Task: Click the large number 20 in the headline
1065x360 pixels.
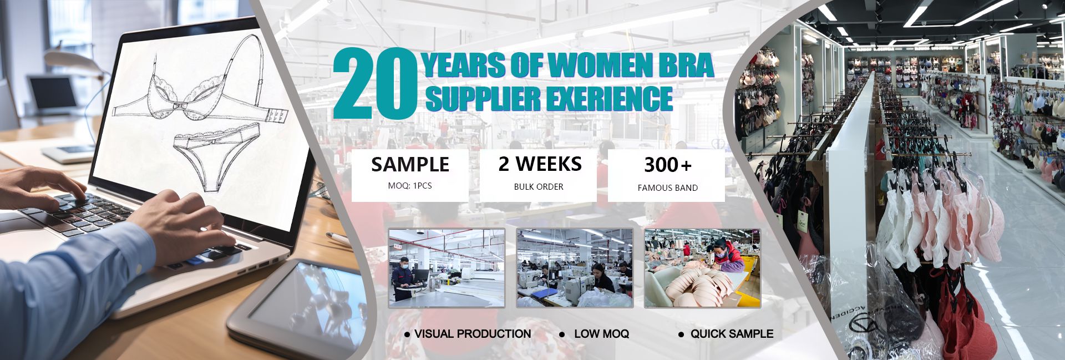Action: click(x=375, y=83)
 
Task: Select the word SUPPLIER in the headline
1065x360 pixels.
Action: click(x=483, y=99)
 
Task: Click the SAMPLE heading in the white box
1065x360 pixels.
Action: click(x=410, y=165)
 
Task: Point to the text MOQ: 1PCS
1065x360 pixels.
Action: click(x=410, y=186)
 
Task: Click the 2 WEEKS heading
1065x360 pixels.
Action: click(x=540, y=164)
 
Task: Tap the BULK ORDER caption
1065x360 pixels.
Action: click(x=539, y=187)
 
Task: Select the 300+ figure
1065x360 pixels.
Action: click(x=668, y=165)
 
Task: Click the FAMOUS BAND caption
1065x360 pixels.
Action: click(x=668, y=188)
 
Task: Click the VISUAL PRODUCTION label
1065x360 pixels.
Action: click(x=473, y=334)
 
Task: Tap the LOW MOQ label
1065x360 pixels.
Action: click(x=601, y=334)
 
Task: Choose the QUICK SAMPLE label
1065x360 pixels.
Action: click(x=732, y=334)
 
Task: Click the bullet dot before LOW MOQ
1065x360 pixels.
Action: click(x=562, y=334)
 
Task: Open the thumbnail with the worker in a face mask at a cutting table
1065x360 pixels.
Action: click(x=447, y=268)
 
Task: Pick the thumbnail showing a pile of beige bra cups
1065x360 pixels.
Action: click(x=702, y=268)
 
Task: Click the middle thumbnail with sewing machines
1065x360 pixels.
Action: click(x=575, y=268)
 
